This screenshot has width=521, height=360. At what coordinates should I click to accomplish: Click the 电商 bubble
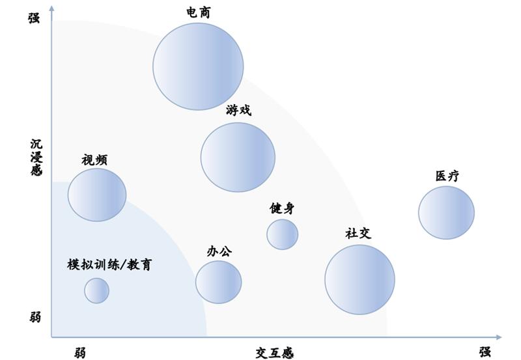pyautogui.click(x=198, y=66)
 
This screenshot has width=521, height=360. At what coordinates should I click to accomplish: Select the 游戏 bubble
pyautogui.click(x=238, y=157)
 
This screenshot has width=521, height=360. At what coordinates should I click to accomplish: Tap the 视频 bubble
pyautogui.click(x=97, y=195)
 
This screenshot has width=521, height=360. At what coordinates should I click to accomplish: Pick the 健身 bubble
pyautogui.click(x=283, y=234)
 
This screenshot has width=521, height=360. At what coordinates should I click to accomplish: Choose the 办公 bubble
pyautogui.click(x=219, y=282)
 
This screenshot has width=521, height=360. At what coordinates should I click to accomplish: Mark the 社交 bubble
pyautogui.click(x=360, y=280)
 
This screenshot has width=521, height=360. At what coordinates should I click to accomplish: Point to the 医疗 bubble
pyautogui.click(x=446, y=212)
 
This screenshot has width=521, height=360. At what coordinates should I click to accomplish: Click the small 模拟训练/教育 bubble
pyautogui.click(x=96, y=290)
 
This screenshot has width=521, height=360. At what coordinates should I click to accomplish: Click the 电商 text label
pyautogui.click(x=199, y=12)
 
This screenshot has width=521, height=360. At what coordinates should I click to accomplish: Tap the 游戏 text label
pyautogui.click(x=238, y=110)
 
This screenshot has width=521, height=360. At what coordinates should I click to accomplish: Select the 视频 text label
pyautogui.click(x=94, y=159)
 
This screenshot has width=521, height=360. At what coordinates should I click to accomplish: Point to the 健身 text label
pyautogui.click(x=282, y=208)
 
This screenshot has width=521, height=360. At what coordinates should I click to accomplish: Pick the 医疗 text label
pyautogui.click(x=447, y=176)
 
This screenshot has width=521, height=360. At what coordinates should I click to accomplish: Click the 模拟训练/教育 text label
pyautogui.click(x=109, y=265)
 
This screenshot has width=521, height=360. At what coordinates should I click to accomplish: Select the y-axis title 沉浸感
pyautogui.click(x=36, y=157)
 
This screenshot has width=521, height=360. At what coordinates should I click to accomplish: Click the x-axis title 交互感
pyautogui.click(x=275, y=353)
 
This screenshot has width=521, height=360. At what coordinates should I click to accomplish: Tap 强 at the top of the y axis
pyautogui.click(x=34, y=18)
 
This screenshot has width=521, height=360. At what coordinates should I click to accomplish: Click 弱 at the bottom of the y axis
pyautogui.click(x=35, y=318)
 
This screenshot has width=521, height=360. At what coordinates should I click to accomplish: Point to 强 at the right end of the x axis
pyautogui.click(x=485, y=352)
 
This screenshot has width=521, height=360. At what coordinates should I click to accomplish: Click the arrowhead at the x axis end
pyautogui.click(x=499, y=337)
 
